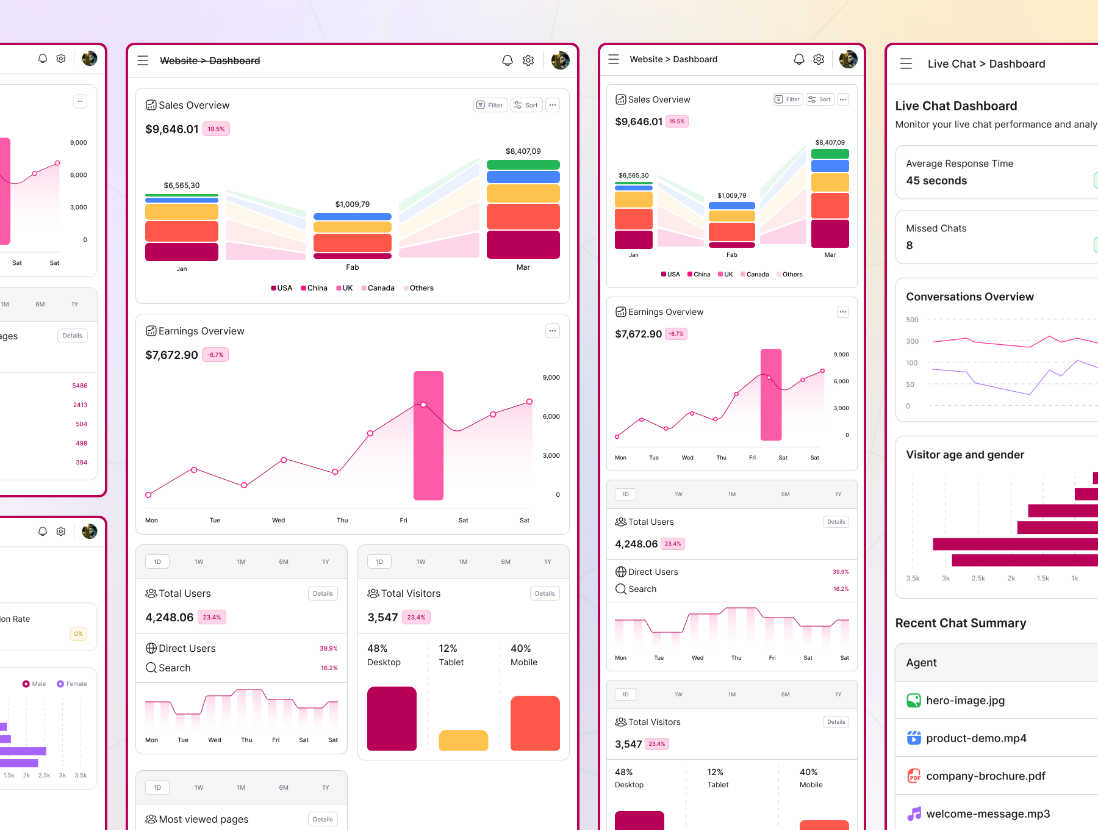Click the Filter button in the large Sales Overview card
point(490,105)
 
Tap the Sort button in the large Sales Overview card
point(526,105)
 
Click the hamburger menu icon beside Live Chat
point(906,63)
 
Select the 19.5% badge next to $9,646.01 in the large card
point(216,129)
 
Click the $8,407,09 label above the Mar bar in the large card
point(523,151)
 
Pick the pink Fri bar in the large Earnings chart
point(428,435)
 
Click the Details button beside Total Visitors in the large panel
point(544,593)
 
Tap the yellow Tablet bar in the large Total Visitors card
point(463,740)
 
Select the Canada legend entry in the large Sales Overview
point(378,288)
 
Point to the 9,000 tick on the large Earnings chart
point(551,378)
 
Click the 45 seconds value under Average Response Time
point(936,181)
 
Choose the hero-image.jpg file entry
point(965,701)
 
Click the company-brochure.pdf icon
point(914,776)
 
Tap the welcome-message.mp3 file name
point(988,814)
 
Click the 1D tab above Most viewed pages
point(157,787)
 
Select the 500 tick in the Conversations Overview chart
point(912,320)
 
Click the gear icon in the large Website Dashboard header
point(528,60)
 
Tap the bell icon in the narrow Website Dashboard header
point(798,59)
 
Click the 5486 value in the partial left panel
point(80,386)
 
